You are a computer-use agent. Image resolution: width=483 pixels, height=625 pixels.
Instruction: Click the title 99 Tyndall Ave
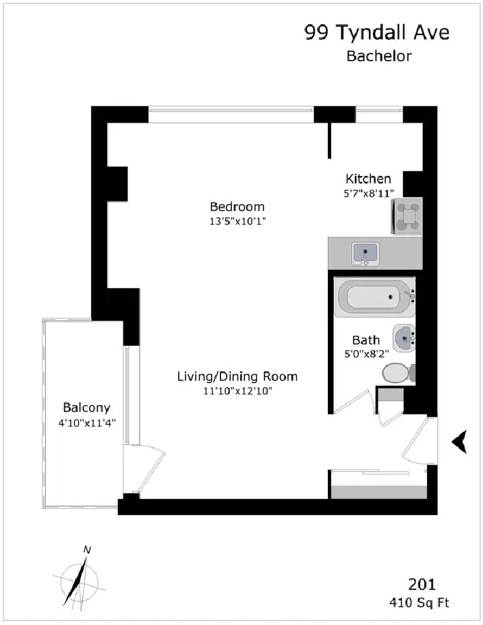377,32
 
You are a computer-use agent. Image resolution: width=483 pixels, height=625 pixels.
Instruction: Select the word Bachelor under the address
379,56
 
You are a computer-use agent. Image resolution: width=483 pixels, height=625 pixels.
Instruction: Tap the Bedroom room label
237,206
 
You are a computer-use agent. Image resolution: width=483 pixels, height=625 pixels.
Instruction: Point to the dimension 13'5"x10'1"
237,221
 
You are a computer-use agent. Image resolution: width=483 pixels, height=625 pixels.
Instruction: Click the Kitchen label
368,179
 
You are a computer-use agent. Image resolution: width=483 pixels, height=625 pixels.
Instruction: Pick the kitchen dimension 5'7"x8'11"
369,194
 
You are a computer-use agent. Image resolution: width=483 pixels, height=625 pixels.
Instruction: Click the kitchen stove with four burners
407,216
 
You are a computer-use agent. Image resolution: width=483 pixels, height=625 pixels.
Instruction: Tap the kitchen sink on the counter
366,254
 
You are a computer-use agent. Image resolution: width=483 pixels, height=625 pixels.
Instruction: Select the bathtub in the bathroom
375,297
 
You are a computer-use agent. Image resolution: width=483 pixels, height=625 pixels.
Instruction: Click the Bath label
366,340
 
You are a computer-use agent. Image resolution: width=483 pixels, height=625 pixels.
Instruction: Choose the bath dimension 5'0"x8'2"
366,353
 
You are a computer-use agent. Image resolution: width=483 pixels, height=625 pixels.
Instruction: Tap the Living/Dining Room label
237,376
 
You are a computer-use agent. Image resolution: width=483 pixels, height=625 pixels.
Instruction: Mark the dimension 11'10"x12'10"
237,391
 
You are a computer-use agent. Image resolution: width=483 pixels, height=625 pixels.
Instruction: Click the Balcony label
86,408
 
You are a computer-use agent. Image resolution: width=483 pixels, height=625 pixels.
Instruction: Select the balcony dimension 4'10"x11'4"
87,423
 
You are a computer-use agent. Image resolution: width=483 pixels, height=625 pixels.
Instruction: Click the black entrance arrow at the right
459,442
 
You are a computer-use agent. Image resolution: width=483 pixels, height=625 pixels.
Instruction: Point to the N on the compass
87,550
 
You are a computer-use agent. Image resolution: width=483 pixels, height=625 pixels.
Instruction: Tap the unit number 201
422,585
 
